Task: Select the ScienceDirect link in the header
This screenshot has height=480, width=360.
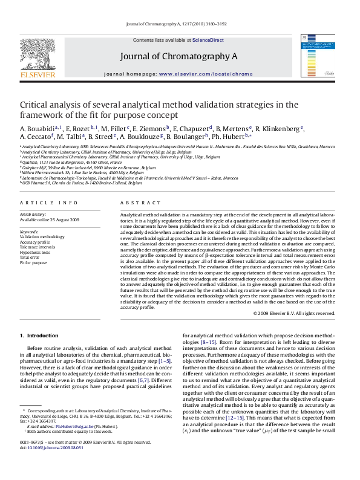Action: coord(208,40)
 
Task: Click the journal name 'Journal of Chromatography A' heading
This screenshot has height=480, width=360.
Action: coord(180,56)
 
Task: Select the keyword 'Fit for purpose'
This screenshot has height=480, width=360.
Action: coord(33,262)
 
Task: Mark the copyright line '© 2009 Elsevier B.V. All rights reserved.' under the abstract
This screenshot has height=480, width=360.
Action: coord(294,313)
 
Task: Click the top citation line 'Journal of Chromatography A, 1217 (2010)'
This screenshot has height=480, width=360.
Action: coord(180,23)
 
